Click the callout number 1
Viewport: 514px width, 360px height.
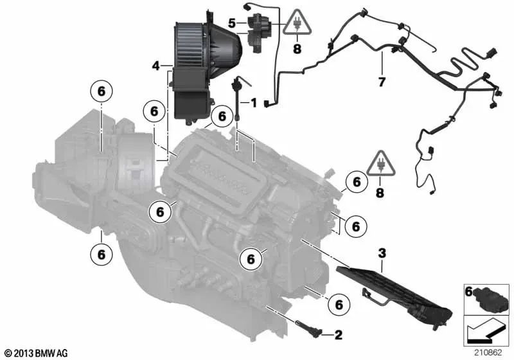(x=253, y=102)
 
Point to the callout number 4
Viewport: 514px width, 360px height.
(x=156, y=66)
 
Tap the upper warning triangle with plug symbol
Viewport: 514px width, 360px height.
(x=296, y=24)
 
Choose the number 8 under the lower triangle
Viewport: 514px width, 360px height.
(x=381, y=192)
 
